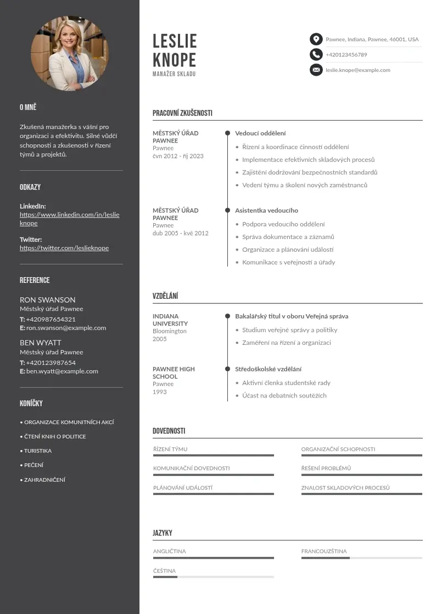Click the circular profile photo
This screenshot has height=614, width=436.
click(70, 53)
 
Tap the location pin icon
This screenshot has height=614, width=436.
click(316, 39)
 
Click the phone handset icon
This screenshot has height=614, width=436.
click(316, 54)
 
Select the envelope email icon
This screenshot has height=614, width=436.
click(316, 70)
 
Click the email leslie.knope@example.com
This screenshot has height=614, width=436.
click(357, 70)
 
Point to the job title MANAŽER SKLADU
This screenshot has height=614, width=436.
click(174, 74)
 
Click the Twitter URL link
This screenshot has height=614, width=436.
click(64, 248)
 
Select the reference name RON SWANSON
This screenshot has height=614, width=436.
click(48, 300)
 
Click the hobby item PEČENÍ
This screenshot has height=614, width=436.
click(33, 465)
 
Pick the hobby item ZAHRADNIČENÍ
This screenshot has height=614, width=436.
click(44, 480)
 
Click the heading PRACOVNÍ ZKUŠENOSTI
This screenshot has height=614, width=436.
click(182, 113)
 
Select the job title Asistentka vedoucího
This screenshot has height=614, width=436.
click(266, 211)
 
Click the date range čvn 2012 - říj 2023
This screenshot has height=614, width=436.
click(178, 156)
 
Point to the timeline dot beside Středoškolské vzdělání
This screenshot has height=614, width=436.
click(227, 369)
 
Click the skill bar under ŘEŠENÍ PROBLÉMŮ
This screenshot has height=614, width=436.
click(361, 475)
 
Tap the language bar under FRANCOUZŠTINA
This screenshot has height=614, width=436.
click(361, 558)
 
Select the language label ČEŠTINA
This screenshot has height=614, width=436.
click(164, 571)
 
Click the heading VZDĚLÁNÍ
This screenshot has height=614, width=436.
click(165, 297)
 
